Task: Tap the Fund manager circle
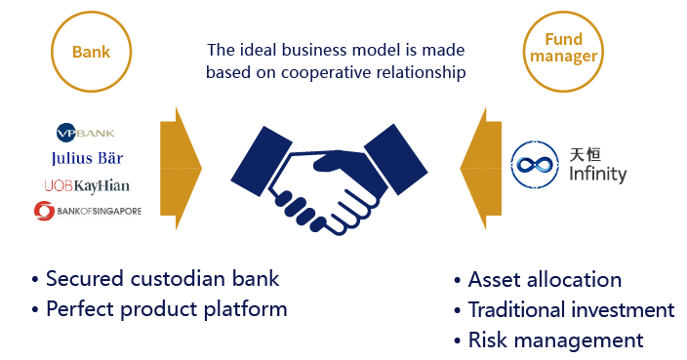(x=563, y=48)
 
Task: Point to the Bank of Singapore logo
(x=87, y=210)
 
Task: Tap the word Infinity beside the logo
(x=597, y=175)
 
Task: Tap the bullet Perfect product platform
(x=166, y=309)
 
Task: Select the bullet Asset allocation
(x=545, y=279)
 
